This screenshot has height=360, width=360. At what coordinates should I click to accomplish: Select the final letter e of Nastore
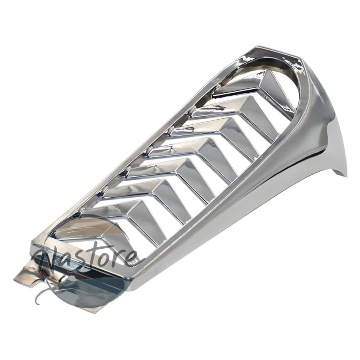click(x=133, y=257)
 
